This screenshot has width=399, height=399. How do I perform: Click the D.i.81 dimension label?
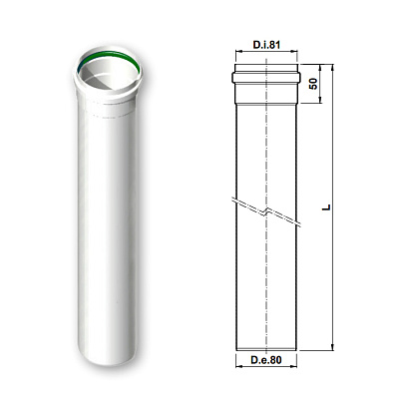pos(266,45)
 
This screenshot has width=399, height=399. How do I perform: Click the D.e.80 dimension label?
pos(266,360)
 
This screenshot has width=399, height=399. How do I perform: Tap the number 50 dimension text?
pos(313,84)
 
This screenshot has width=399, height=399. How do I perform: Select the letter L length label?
pos(327,207)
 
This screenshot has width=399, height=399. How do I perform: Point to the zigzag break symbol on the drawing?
pos(266,211)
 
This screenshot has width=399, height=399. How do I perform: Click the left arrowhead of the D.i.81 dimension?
pos(238,52)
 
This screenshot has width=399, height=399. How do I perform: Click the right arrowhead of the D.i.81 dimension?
pos(294,52)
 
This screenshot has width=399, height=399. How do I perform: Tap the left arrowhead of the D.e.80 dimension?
pos(238,366)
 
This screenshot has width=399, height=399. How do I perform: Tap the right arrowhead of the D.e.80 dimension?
pos(293,366)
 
